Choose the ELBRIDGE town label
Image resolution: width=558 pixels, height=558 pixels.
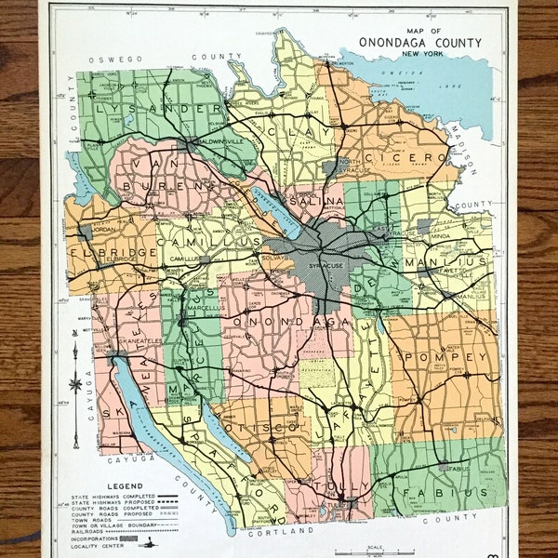pos(100,253)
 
